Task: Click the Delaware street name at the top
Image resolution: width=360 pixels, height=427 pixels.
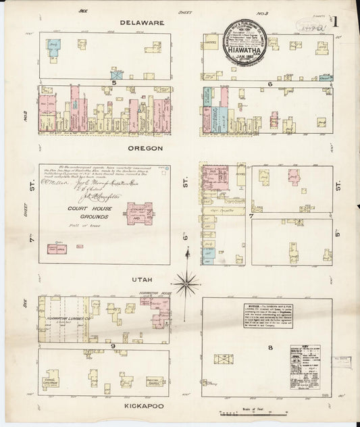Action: pyautogui.click(x=143, y=22)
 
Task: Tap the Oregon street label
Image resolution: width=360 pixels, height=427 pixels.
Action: pyautogui.click(x=143, y=147)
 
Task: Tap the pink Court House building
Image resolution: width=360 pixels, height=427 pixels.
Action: pyautogui.click(x=139, y=215)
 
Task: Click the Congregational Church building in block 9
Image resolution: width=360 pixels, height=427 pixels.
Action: pyautogui.click(x=51, y=379)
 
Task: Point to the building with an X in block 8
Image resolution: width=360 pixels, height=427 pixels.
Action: pyautogui.click(x=224, y=359)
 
